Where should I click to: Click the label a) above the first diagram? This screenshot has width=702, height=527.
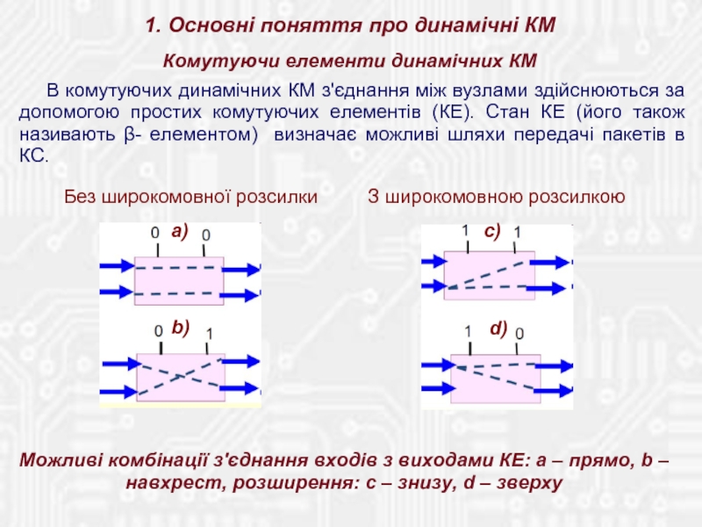click(180, 231)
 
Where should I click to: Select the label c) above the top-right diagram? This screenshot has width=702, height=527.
click(491, 231)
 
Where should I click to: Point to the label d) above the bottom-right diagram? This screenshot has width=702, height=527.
click(498, 328)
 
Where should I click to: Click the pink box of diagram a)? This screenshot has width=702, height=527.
click(178, 280)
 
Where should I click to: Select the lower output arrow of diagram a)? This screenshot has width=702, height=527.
click(242, 294)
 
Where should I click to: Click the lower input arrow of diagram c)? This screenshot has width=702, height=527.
click(432, 285)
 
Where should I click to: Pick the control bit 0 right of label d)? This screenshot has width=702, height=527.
click(519, 334)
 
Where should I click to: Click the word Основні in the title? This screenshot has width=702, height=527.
click(209, 25)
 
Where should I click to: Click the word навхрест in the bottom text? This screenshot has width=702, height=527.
click(167, 483)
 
